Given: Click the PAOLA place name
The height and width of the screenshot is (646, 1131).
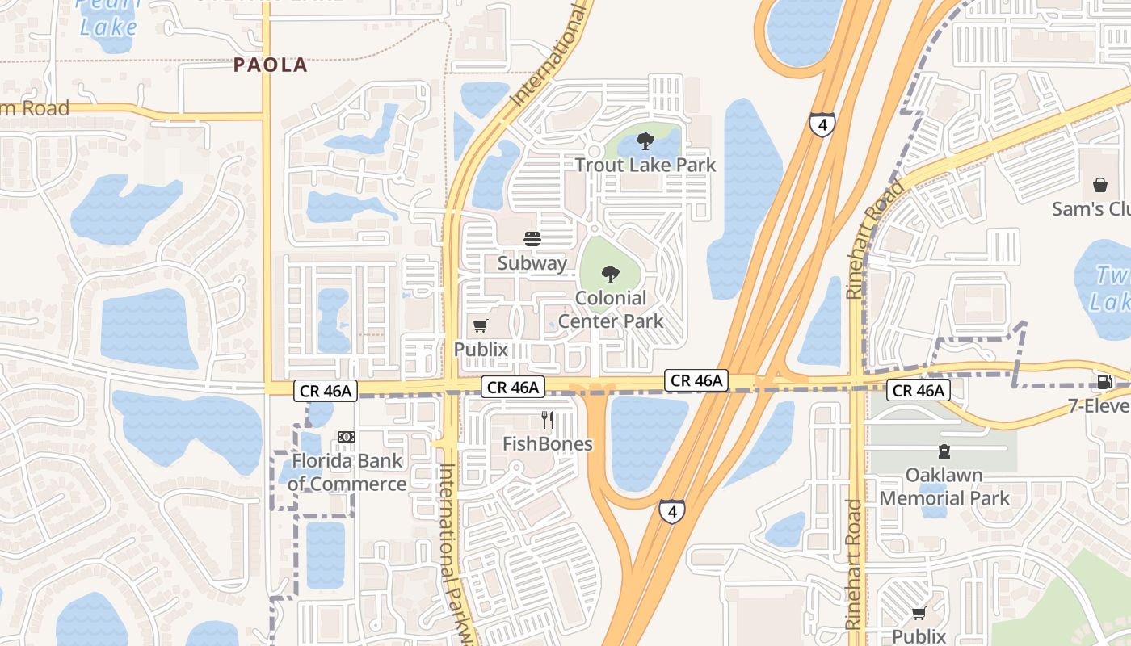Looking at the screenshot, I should click(x=271, y=65).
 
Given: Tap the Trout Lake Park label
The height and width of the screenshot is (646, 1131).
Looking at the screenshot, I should click(x=645, y=165).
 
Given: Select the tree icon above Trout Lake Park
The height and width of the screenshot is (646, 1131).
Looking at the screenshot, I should click(x=645, y=142).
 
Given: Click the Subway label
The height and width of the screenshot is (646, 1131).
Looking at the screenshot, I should click(x=532, y=262).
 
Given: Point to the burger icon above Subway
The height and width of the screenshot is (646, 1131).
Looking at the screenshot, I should click(x=532, y=239).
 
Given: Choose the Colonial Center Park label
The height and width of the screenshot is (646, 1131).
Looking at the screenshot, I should click(x=611, y=309).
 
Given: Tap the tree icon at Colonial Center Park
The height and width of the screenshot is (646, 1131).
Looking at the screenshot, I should click(x=611, y=275).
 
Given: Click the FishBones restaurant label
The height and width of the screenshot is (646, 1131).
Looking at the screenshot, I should click(x=547, y=443).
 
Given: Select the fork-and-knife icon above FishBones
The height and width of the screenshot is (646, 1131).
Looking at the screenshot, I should click(x=547, y=420).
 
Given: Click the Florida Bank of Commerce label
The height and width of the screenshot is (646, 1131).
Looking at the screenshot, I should click(x=347, y=472).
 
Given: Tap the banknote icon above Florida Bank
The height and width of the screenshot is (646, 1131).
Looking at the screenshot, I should click(x=347, y=437).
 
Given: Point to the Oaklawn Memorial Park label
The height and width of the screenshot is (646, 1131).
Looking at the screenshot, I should click(x=944, y=486).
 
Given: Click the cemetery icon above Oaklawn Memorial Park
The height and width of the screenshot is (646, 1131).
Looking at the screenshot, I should click(x=944, y=451).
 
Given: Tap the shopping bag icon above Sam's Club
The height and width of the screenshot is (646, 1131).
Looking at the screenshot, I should click(x=1099, y=185).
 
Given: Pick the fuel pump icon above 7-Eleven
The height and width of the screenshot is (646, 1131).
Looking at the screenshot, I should click(x=1104, y=382).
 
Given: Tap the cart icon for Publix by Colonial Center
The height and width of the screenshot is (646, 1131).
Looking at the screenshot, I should click(x=481, y=325).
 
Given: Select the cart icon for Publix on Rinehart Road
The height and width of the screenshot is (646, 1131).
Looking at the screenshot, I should click(x=919, y=614).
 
